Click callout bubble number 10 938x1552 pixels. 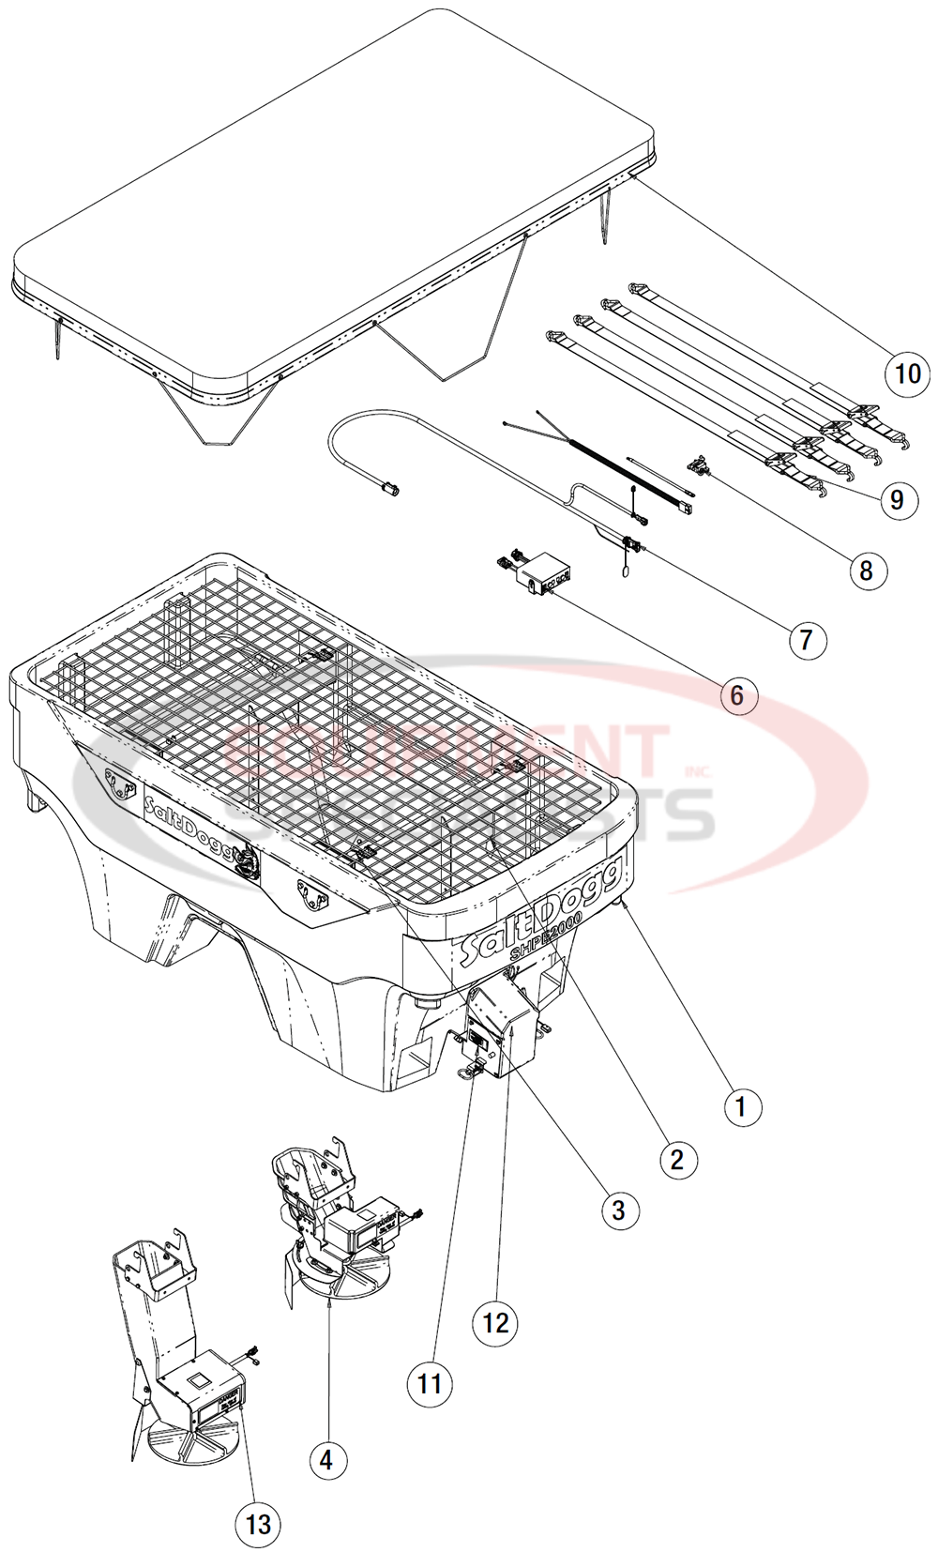pyautogui.click(x=907, y=373)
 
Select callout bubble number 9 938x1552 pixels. pyautogui.click(x=897, y=499)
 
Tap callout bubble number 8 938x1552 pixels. pyautogui.click(x=866, y=570)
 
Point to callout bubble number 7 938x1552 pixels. pyautogui.click(x=806, y=640)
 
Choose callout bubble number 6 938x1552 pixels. pyautogui.click(x=736, y=695)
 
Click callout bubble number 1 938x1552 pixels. pyautogui.click(x=741, y=1107)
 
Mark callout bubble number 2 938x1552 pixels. pyautogui.click(x=677, y=1160)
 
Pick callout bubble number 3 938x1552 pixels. pyautogui.click(x=618, y=1210)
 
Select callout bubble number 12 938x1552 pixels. pyautogui.click(x=495, y=1323)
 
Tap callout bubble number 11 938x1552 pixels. pyautogui.click(x=430, y=1383)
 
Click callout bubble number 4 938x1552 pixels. pyautogui.click(x=326, y=1460)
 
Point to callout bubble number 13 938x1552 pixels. pyautogui.click(x=258, y=1525)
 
